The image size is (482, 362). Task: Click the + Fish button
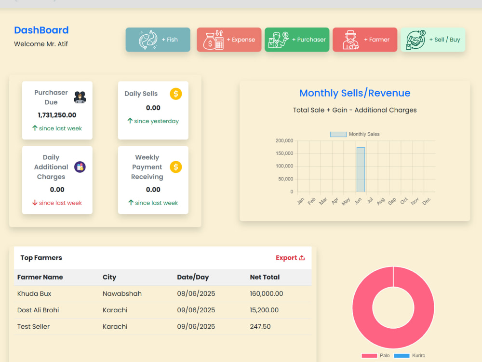click(x=158, y=40)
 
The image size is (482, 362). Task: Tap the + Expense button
click(x=229, y=40)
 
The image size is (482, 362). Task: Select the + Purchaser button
click(x=297, y=40)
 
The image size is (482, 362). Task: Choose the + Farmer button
click(x=365, y=40)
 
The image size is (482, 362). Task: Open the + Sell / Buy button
click(x=433, y=40)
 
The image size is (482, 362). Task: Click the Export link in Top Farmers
click(x=290, y=258)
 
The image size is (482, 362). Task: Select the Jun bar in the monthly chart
click(x=361, y=169)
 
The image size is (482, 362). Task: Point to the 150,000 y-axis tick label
click(x=284, y=153)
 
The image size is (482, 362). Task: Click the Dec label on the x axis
click(x=427, y=201)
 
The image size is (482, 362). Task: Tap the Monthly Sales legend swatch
click(x=338, y=134)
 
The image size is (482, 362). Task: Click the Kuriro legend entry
click(x=409, y=356)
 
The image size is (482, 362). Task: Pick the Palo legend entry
click(x=375, y=356)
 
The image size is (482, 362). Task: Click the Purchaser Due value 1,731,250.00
click(x=57, y=115)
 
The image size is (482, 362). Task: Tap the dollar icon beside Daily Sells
click(x=176, y=94)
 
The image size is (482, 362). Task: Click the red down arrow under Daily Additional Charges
click(x=35, y=203)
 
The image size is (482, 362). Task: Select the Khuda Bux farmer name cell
click(x=34, y=293)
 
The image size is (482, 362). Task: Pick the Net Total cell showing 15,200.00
click(x=264, y=310)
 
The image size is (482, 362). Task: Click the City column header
click(x=109, y=277)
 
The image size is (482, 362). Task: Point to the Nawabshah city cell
click(x=122, y=293)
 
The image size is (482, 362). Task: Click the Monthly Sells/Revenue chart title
click(x=355, y=93)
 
